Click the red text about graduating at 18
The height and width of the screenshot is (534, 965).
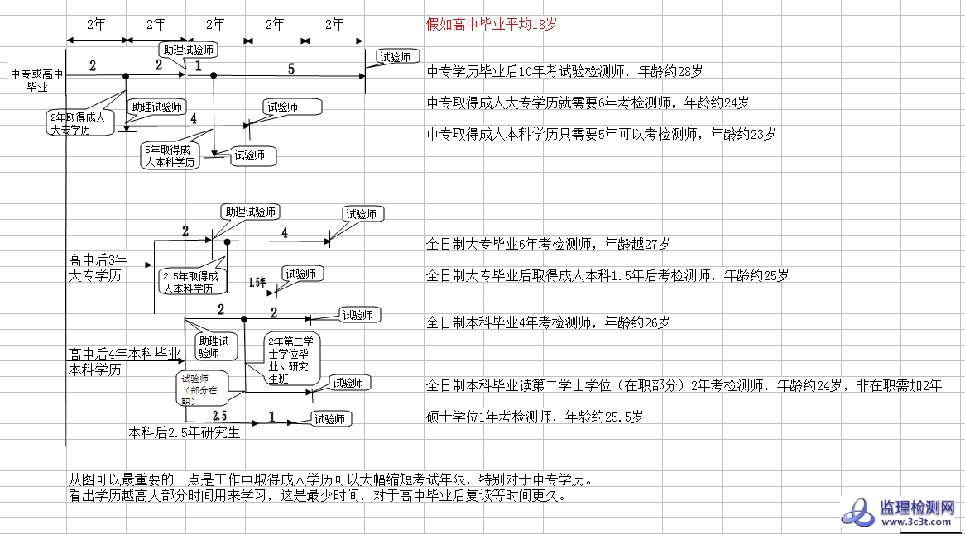tap(491, 24)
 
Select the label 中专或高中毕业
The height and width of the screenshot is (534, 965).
tap(37, 79)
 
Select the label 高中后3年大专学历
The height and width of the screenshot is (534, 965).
tap(98, 267)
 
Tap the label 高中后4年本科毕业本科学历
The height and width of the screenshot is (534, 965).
tap(123, 361)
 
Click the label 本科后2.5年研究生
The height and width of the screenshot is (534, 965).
tap(184, 431)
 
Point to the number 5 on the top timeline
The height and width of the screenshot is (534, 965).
tap(291, 69)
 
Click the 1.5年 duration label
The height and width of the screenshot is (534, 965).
tap(257, 283)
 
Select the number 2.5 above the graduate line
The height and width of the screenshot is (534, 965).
tap(220, 415)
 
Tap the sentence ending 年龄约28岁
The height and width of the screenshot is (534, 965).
tap(564, 72)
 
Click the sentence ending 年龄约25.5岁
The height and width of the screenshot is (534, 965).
tap(534, 417)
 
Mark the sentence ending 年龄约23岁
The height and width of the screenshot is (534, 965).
tap(601, 134)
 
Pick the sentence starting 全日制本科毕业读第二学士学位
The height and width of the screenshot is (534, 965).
tap(684, 385)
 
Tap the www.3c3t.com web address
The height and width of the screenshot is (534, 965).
tap(919, 522)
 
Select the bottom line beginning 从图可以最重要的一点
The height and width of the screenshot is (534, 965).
tap(331, 479)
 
